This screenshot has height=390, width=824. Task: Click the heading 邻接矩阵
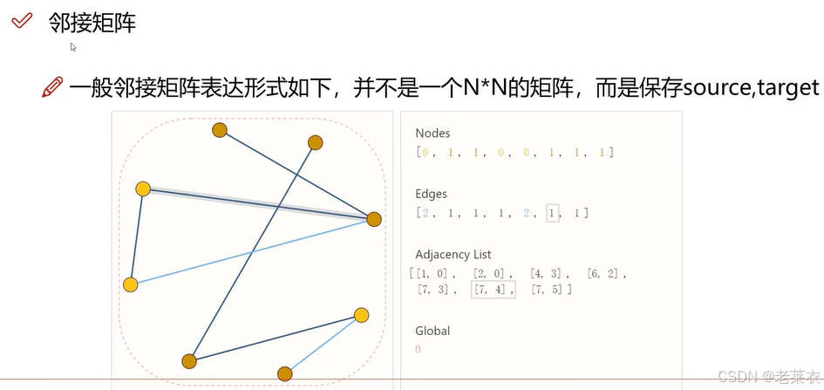click(x=92, y=23)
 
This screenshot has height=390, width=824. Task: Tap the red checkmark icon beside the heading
click(x=22, y=22)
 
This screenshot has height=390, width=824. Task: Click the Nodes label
click(x=432, y=133)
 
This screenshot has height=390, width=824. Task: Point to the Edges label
click(x=432, y=194)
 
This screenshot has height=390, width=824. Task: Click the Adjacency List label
click(x=453, y=255)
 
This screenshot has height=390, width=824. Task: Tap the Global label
click(x=432, y=331)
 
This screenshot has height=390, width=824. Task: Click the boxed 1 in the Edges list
click(x=551, y=213)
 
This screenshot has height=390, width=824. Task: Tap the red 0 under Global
click(x=419, y=349)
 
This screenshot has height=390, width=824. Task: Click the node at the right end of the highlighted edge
click(x=374, y=219)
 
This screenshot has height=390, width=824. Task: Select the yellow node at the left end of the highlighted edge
click(x=143, y=189)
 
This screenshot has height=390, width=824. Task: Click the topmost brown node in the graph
click(x=220, y=131)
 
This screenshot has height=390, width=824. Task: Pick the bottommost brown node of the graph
click(x=284, y=374)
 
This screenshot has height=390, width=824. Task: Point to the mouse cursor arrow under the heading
click(x=74, y=47)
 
